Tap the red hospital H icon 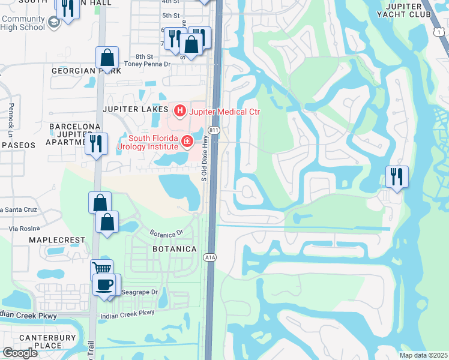coord(179,111)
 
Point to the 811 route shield coord(213,130)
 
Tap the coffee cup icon coord(105,284)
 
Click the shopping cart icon coord(101,269)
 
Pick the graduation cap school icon coord(53,23)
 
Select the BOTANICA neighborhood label coord(175,248)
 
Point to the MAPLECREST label coord(58,240)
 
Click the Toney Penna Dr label coord(148,63)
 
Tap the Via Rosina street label coord(25,229)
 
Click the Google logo coord(20,353)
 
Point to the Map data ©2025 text coord(423,355)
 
